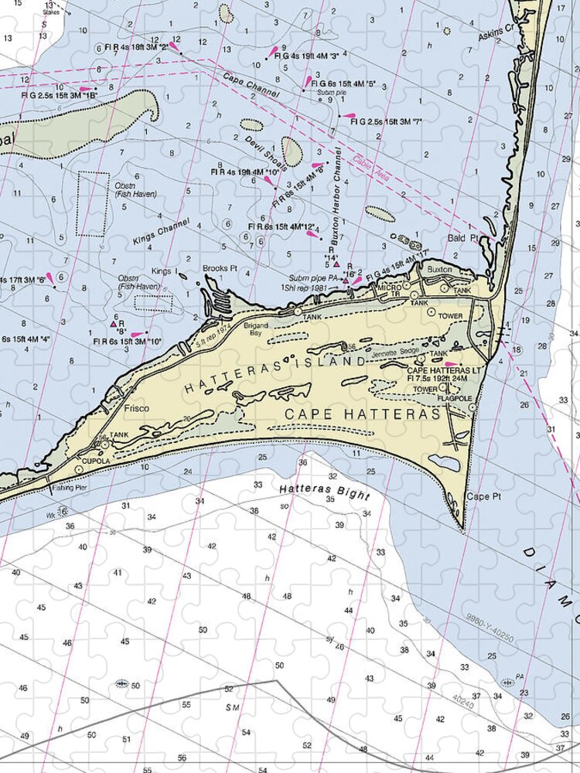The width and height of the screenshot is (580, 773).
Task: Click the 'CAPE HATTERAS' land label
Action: [x=363, y=415]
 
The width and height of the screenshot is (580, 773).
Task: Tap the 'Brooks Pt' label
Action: [x=219, y=268]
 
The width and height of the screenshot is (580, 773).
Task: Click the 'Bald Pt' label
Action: [x=462, y=239]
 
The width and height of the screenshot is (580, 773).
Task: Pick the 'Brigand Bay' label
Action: [x=256, y=329]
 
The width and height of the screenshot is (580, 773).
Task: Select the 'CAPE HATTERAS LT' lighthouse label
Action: [x=445, y=371]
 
